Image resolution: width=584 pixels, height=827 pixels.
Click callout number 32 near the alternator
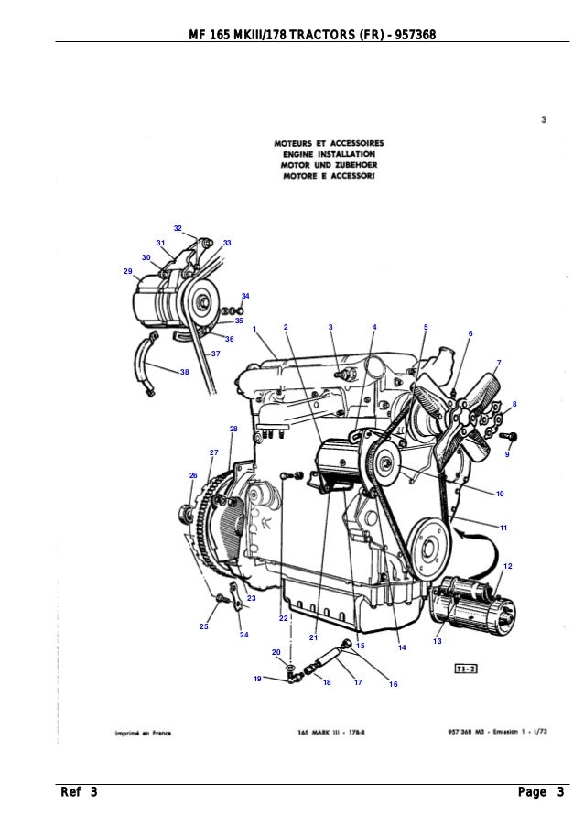point(178,227)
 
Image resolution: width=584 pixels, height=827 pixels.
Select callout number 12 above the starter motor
point(508,567)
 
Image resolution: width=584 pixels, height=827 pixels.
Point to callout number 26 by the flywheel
point(193,475)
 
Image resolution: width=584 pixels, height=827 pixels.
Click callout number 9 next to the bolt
point(507,454)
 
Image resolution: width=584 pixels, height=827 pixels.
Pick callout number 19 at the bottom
point(258,679)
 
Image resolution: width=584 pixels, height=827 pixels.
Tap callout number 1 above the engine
point(254,329)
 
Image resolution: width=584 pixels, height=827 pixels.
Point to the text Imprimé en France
point(146,733)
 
